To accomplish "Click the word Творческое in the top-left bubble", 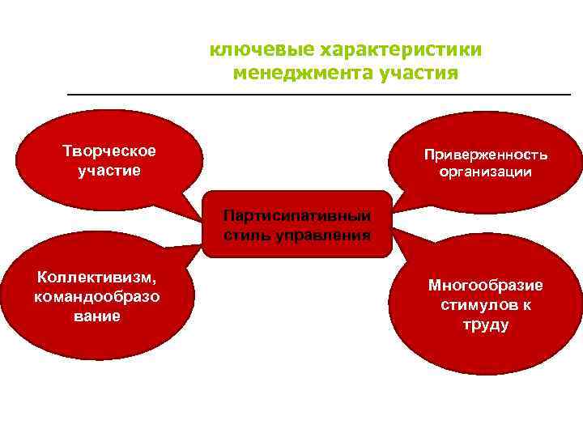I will pos(109,151).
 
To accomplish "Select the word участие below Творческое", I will pos(109,171).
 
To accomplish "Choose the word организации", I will pos(486,172).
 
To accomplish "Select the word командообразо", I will pos(97,296).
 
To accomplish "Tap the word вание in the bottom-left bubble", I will pos(98,316).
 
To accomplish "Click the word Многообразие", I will pos(486,286).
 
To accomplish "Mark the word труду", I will pos(486,325).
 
